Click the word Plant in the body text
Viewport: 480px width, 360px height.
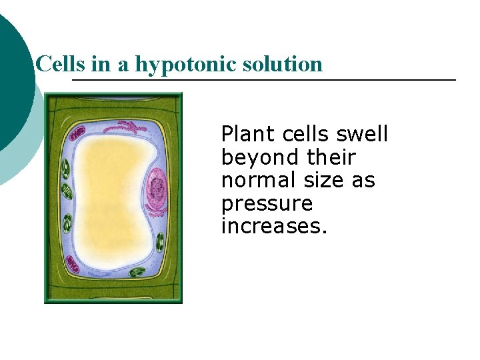pos(248,135)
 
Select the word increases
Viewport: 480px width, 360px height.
pos(274,227)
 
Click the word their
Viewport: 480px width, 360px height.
pos(331,158)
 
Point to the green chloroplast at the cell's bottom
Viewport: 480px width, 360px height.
pos(137,273)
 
